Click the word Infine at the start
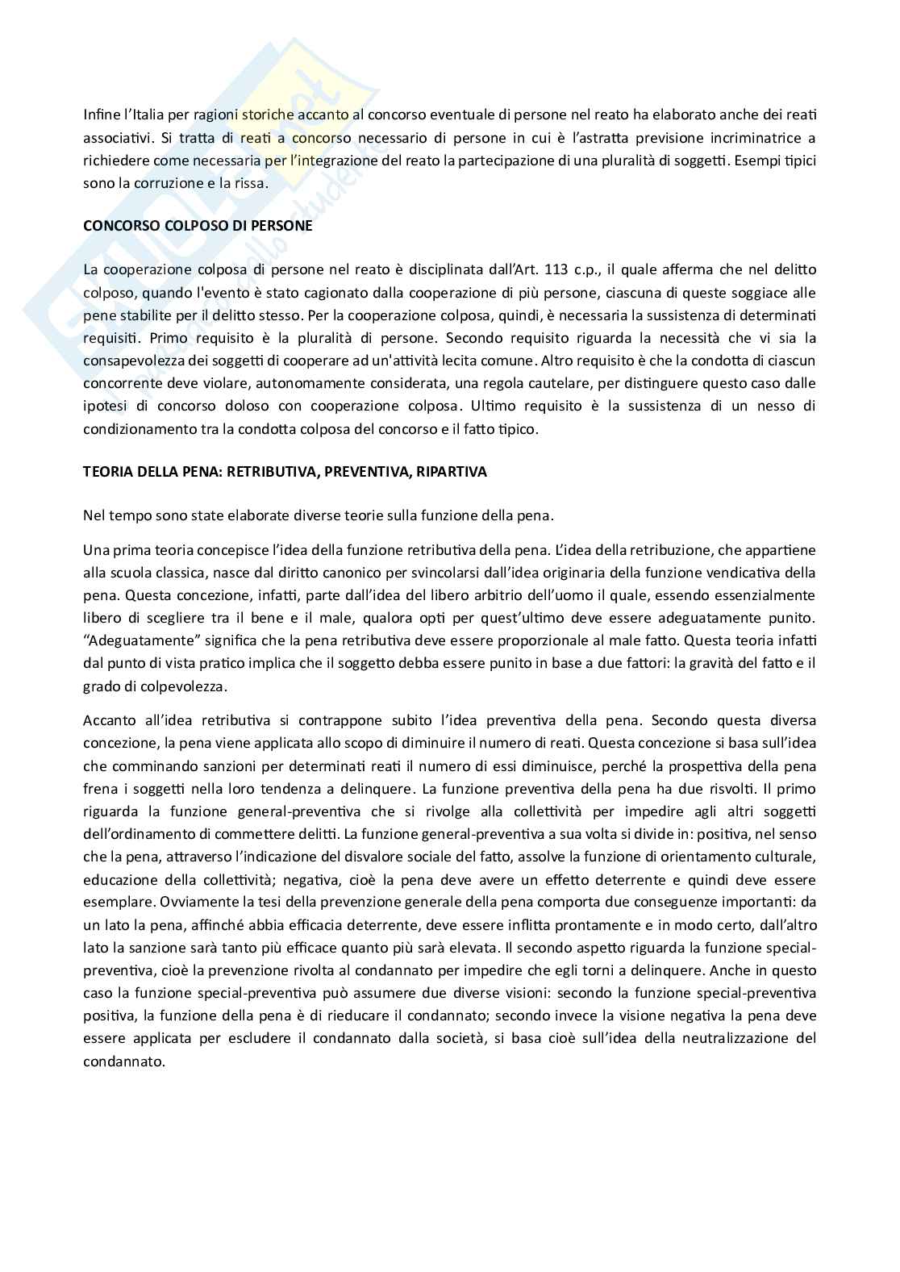coord(100,115)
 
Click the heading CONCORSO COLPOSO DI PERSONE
coord(198,226)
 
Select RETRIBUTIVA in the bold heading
coord(269,472)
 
